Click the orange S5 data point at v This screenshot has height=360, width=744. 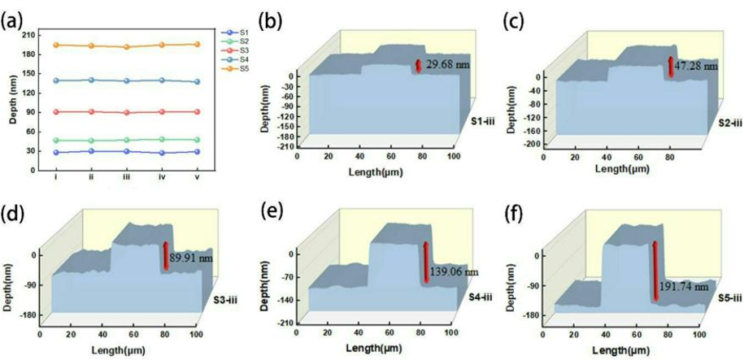coord(198,44)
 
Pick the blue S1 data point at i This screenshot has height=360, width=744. coord(55,152)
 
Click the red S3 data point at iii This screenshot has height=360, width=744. coord(126,113)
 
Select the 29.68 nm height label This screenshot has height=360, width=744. coord(447,64)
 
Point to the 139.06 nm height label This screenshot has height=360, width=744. coord(455,271)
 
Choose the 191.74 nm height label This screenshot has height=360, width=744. coord(686,286)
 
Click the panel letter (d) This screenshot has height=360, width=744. coord(14,214)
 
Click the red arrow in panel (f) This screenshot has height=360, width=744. coord(655,270)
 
